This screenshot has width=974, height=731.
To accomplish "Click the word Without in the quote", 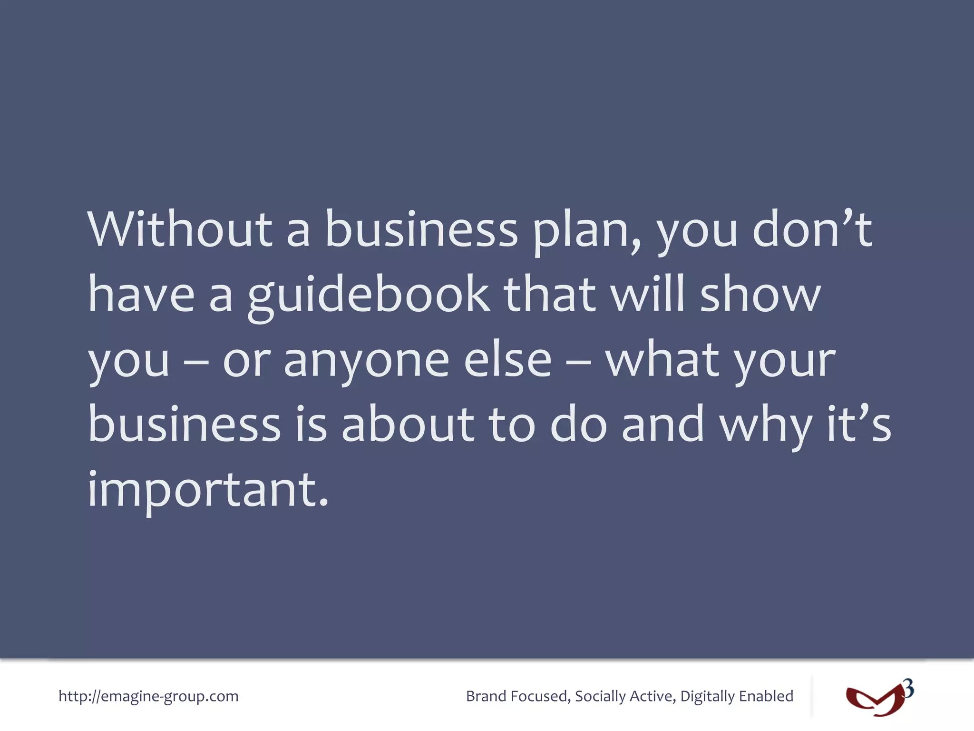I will (x=180, y=229).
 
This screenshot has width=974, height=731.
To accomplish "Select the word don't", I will (x=812, y=229).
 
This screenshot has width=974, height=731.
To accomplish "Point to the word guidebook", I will (x=369, y=295).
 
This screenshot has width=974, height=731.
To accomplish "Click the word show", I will (x=760, y=295).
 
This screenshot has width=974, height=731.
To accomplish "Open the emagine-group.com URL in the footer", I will (x=148, y=696).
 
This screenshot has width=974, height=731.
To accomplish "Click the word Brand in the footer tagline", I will (x=486, y=696).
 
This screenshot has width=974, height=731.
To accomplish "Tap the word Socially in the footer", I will (x=600, y=696).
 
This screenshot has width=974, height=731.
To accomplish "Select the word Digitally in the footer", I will (x=707, y=696).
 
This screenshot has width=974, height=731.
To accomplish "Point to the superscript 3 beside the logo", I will (x=908, y=689).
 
